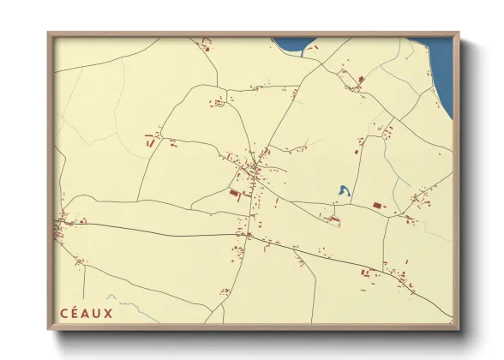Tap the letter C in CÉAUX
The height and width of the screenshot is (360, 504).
coord(62,312)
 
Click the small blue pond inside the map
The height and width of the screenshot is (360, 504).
coord(343,192)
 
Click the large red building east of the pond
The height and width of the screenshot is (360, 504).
coord(378,205)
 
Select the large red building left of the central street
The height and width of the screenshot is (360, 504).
coord(234,195)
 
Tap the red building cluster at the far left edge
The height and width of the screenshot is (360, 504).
coord(61,226)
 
